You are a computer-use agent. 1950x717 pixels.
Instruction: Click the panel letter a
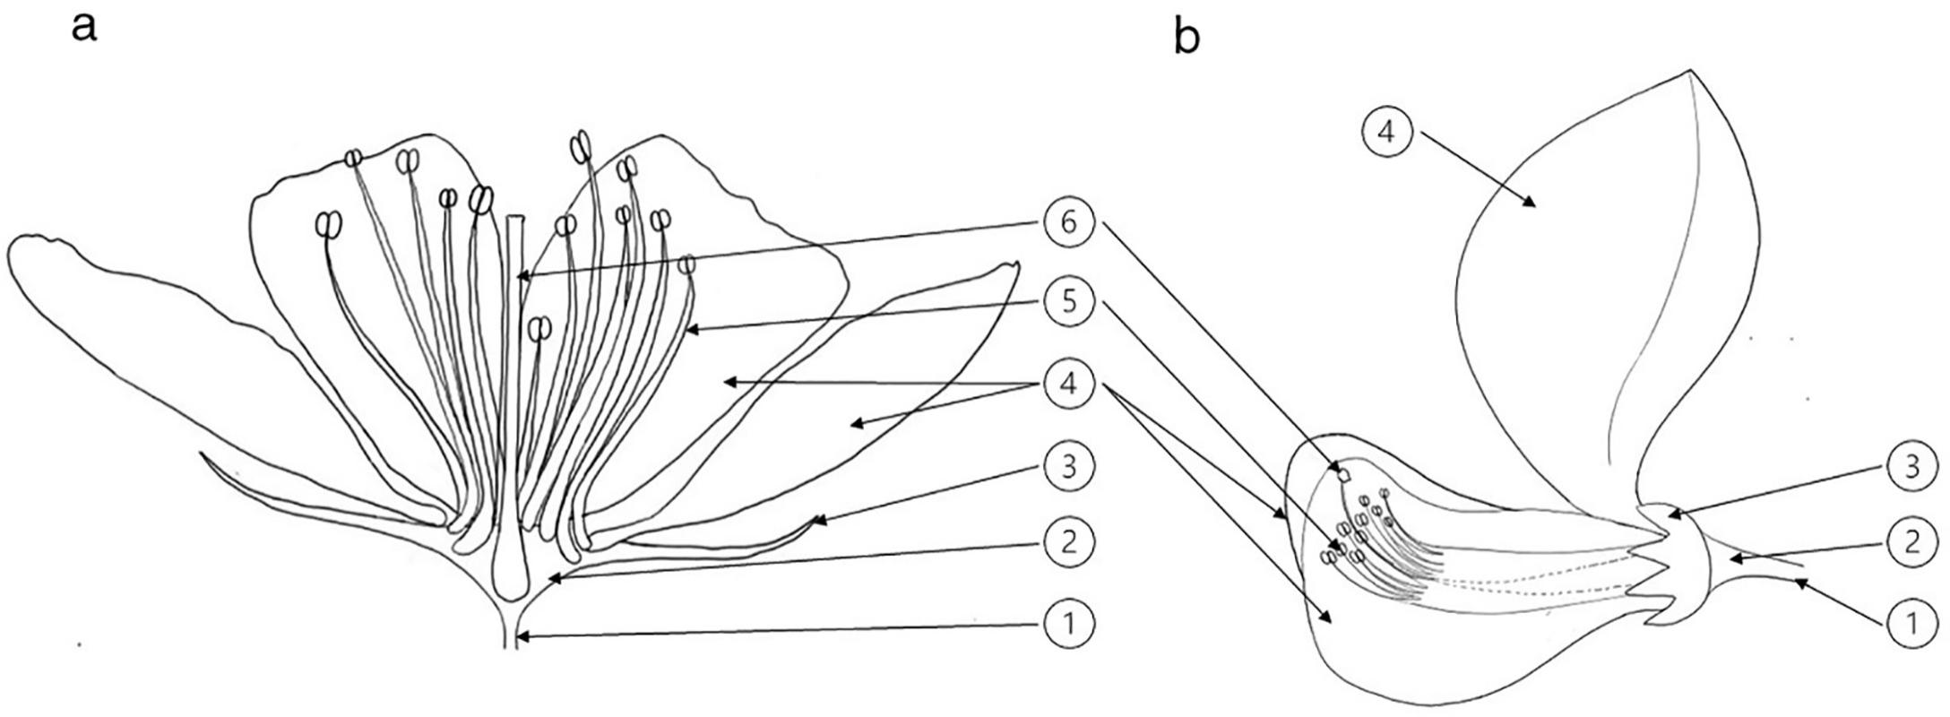[x=83, y=27]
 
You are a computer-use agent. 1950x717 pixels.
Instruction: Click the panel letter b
[x=1186, y=37]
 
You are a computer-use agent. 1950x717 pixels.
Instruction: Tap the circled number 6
[x=1069, y=223]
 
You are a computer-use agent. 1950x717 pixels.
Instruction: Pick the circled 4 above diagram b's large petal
[x=1386, y=132]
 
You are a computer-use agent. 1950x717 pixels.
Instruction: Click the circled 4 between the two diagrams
[x=1069, y=384]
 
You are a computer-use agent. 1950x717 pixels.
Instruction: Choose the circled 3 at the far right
[x=1911, y=467]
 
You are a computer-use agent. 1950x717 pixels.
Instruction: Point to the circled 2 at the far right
[x=1911, y=541]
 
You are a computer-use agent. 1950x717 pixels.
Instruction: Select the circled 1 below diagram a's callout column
[x=1069, y=621]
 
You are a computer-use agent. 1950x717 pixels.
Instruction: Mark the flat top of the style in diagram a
[x=514, y=216]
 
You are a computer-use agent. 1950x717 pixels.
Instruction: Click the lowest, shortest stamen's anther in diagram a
[x=539, y=329]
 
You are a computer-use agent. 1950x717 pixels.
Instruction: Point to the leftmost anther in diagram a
[x=329, y=224]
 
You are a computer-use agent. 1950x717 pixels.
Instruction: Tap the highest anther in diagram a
[x=582, y=143]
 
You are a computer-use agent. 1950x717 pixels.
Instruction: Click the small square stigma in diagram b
[x=1344, y=474]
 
